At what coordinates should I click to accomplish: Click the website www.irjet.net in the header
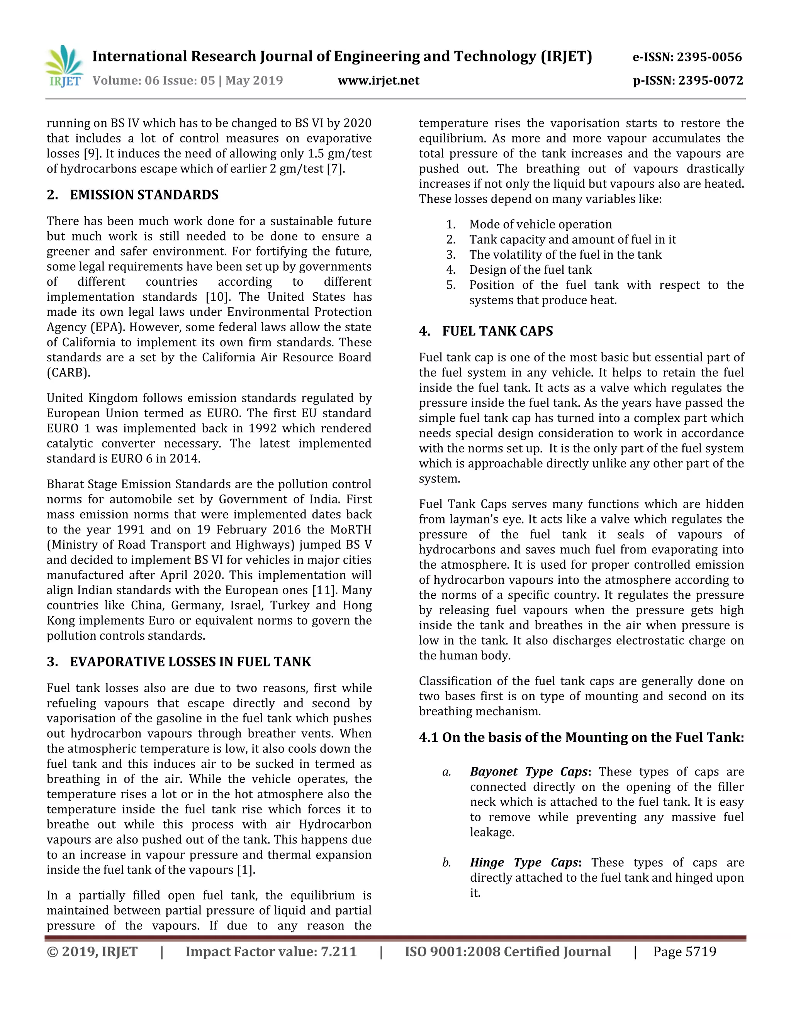[378, 81]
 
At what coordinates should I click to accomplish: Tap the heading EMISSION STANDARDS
[144, 195]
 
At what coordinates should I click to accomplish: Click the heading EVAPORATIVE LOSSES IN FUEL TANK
[190, 662]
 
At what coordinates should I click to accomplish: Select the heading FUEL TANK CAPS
[497, 331]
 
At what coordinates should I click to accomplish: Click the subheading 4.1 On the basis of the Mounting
[581, 738]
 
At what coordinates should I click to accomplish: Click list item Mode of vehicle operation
[540, 224]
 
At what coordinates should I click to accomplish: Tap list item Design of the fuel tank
[530, 270]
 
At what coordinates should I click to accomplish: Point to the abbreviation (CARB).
[68, 373]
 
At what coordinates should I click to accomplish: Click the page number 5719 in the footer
[701, 952]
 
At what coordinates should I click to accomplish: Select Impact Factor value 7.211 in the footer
[271, 952]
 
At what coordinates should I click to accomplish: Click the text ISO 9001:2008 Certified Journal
[508, 952]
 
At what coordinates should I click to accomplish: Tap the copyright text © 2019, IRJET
[92, 952]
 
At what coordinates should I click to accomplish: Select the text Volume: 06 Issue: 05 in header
[154, 81]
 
